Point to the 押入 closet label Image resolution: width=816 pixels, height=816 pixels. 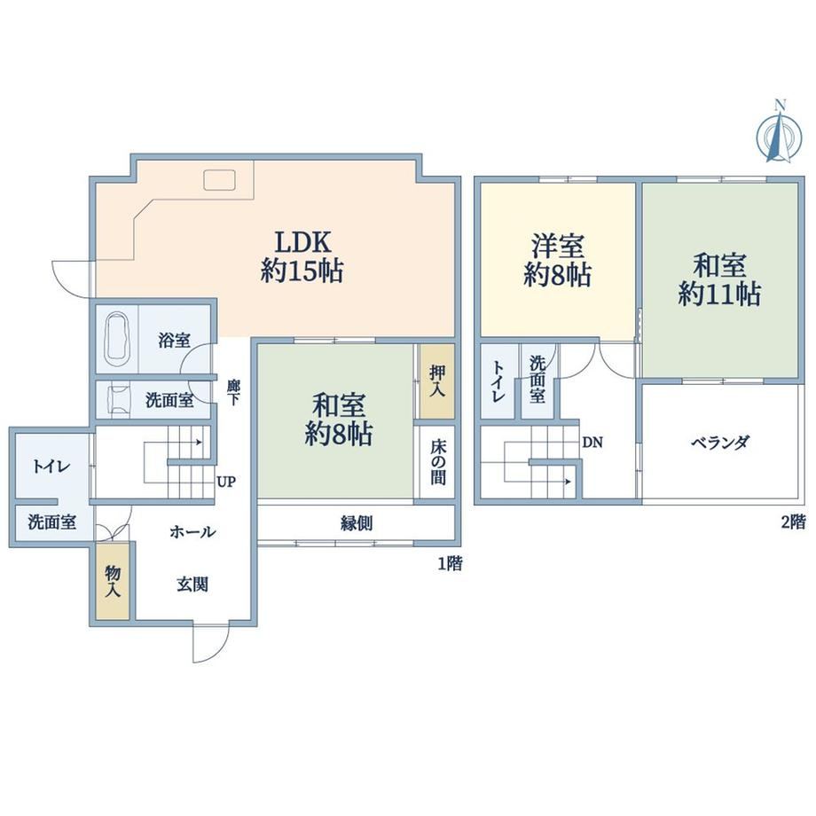click(437, 381)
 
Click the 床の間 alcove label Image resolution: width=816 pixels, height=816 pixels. click(437, 463)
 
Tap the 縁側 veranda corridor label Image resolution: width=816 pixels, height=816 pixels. click(357, 523)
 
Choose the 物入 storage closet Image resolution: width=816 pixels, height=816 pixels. click(113, 581)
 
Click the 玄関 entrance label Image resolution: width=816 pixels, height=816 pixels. click(192, 585)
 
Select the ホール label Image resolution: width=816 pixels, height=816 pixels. click(192, 531)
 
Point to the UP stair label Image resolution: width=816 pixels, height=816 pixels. click(226, 482)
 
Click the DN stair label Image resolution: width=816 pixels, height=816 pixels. click(592, 443)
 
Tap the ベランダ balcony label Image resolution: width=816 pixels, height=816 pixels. click(720, 443)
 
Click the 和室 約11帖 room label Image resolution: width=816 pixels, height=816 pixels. click(719, 279)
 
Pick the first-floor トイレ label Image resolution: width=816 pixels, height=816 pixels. click(51, 467)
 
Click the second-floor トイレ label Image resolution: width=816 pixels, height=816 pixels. click(499, 381)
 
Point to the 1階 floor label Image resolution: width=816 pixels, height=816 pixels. click(450, 563)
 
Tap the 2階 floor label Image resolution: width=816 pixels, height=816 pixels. click(793, 522)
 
